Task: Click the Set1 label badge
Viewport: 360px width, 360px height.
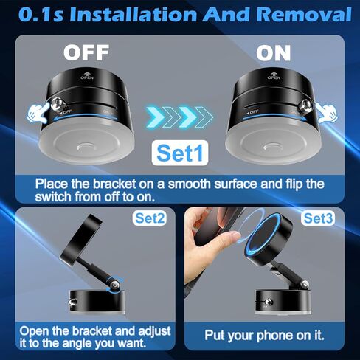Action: [x=180, y=153]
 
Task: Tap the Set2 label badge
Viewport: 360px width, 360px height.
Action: [x=150, y=218]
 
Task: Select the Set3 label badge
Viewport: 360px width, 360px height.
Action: [x=318, y=218]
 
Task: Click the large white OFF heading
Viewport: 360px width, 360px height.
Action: [x=86, y=52]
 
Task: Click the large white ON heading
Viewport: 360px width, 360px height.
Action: [x=273, y=53]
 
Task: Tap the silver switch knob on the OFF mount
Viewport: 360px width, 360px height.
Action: [x=57, y=105]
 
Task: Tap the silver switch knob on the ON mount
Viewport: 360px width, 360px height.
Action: [x=305, y=105]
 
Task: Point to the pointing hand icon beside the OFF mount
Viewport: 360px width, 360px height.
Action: [x=38, y=114]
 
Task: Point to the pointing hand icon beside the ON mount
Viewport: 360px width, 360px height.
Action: [x=327, y=113]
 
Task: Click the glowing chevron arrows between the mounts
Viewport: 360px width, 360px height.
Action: [x=179, y=117]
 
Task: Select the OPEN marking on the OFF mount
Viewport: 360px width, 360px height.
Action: [x=87, y=75]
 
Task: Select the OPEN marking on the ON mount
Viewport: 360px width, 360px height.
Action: [x=274, y=75]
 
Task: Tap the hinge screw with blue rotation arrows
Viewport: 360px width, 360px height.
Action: [x=114, y=285]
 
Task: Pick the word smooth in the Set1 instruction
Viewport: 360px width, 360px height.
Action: [x=190, y=184]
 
